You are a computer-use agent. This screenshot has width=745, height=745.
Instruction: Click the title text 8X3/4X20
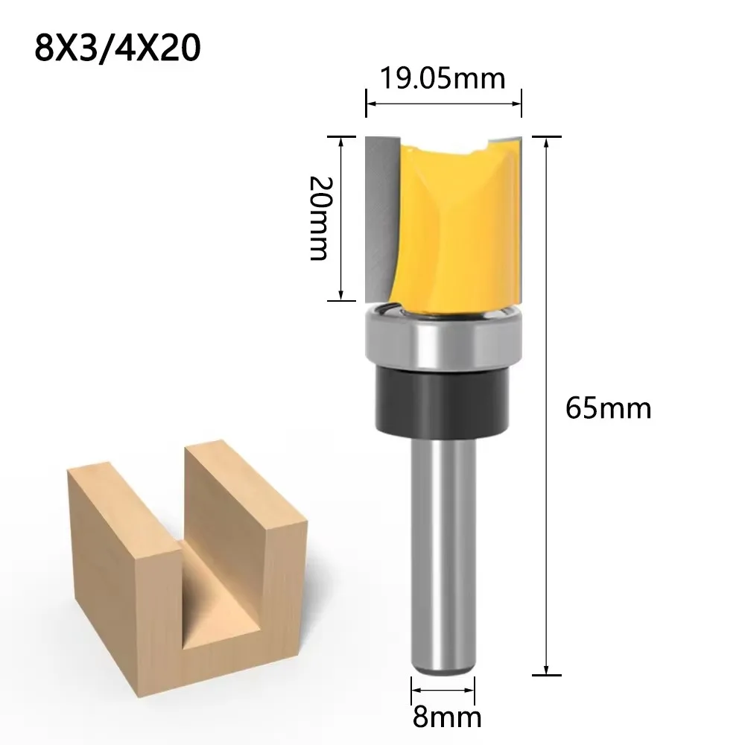click(x=118, y=48)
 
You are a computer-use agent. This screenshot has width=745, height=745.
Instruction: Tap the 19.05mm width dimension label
click(x=443, y=78)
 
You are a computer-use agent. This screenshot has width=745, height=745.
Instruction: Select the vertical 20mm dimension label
click(x=320, y=218)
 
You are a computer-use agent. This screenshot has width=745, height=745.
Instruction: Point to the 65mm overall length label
click(x=608, y=408)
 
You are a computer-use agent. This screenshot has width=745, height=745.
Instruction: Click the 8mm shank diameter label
click(x=446, y=717)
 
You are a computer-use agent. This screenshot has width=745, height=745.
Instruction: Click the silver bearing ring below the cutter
click(x=444, y=337)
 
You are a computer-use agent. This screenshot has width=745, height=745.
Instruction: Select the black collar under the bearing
click(x=443, y=401)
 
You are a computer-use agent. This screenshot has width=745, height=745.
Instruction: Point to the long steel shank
click(x=443, y=551)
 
